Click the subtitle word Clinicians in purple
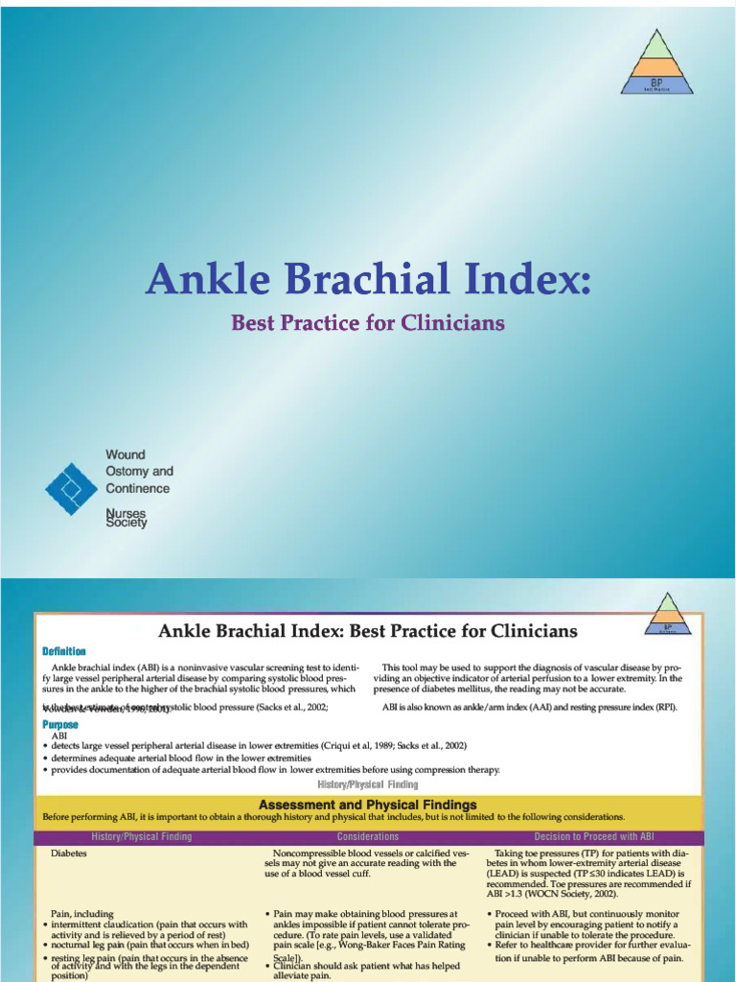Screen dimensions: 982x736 coord(455,323)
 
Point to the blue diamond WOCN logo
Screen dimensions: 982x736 coord(72,489)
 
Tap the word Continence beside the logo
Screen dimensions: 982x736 coord(137,488)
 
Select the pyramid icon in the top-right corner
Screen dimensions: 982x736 coord(656,61)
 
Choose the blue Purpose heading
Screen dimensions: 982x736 coord(60,725)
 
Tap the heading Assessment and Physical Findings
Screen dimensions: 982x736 coord(368,805)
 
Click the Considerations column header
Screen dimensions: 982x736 coord(368,837)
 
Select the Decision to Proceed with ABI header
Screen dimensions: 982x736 coord(594,837)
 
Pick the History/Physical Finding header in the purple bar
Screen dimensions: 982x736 coord(141,837)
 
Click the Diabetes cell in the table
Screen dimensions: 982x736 coord(69,853)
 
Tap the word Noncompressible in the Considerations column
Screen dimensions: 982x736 coord(316,853)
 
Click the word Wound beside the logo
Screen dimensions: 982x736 coord(126,455)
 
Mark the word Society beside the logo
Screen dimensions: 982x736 coord(126,524)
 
